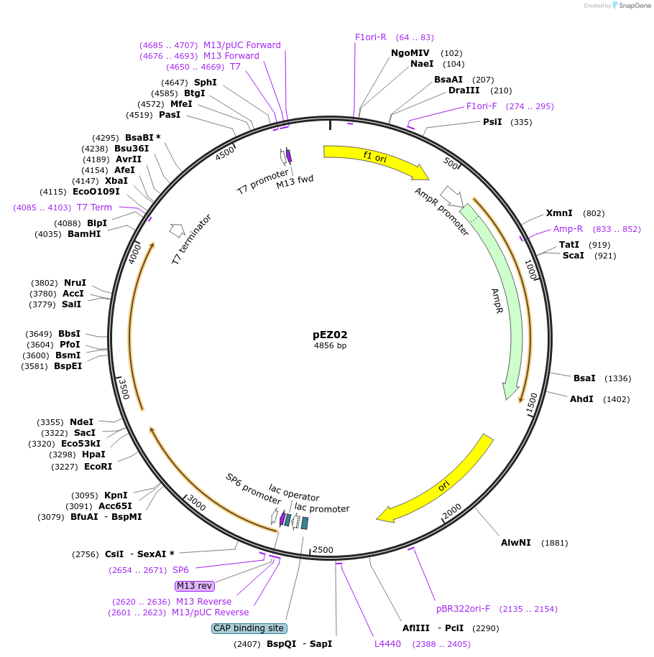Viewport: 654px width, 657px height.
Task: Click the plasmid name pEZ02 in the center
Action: [330, 335]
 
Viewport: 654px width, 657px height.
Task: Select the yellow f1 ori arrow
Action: [374, 159]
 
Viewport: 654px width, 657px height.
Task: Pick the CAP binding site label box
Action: [249, 628]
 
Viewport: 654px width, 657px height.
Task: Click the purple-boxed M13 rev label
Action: [195, 586]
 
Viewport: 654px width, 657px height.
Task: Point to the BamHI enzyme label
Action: [84, 234]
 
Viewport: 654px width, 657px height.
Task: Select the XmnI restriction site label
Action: [559, 213]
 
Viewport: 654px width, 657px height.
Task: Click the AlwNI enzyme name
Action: [515, 543]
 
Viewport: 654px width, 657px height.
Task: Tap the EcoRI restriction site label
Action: [98, 467]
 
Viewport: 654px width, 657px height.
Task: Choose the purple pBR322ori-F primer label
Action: [463, 609]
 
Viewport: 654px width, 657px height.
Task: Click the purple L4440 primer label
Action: [387, 644]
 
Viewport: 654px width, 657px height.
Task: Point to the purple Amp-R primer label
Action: [568, 229]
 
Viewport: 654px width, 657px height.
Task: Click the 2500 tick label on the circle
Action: [323, 550]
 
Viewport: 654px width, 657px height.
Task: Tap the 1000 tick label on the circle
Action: [531, 270]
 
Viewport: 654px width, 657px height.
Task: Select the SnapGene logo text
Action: [633, 6]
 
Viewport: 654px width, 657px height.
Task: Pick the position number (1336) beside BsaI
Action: [617, 378]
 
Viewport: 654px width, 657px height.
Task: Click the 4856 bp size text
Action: [330, 346]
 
